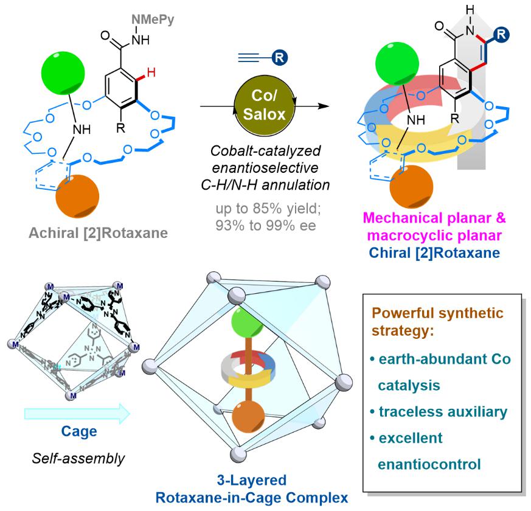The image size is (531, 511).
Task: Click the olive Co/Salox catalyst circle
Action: click(264, 106)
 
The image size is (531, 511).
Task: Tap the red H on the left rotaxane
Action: click(151, 72)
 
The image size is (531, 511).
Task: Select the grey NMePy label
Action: click(153, 19)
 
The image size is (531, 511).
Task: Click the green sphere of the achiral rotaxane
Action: click(63, 73)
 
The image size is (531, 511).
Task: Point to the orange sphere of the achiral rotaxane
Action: click(77, 196)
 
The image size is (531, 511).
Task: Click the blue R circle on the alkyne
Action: click(280, 58)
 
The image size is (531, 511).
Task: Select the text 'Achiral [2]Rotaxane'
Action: click(98, 233)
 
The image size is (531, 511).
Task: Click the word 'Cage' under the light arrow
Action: click(79, 431)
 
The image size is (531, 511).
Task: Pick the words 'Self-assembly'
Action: click(78, 459)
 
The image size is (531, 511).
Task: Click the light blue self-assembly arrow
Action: click(77, 414)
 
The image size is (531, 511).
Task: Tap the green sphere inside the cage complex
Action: click(248, 322)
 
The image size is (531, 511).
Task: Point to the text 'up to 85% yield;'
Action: click(268, 209)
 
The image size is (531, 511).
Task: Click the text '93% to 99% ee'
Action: click(266, 226)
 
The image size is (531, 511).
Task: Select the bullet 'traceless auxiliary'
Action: click(439, 412)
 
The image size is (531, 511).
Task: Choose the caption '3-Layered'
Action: click(252, 480)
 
